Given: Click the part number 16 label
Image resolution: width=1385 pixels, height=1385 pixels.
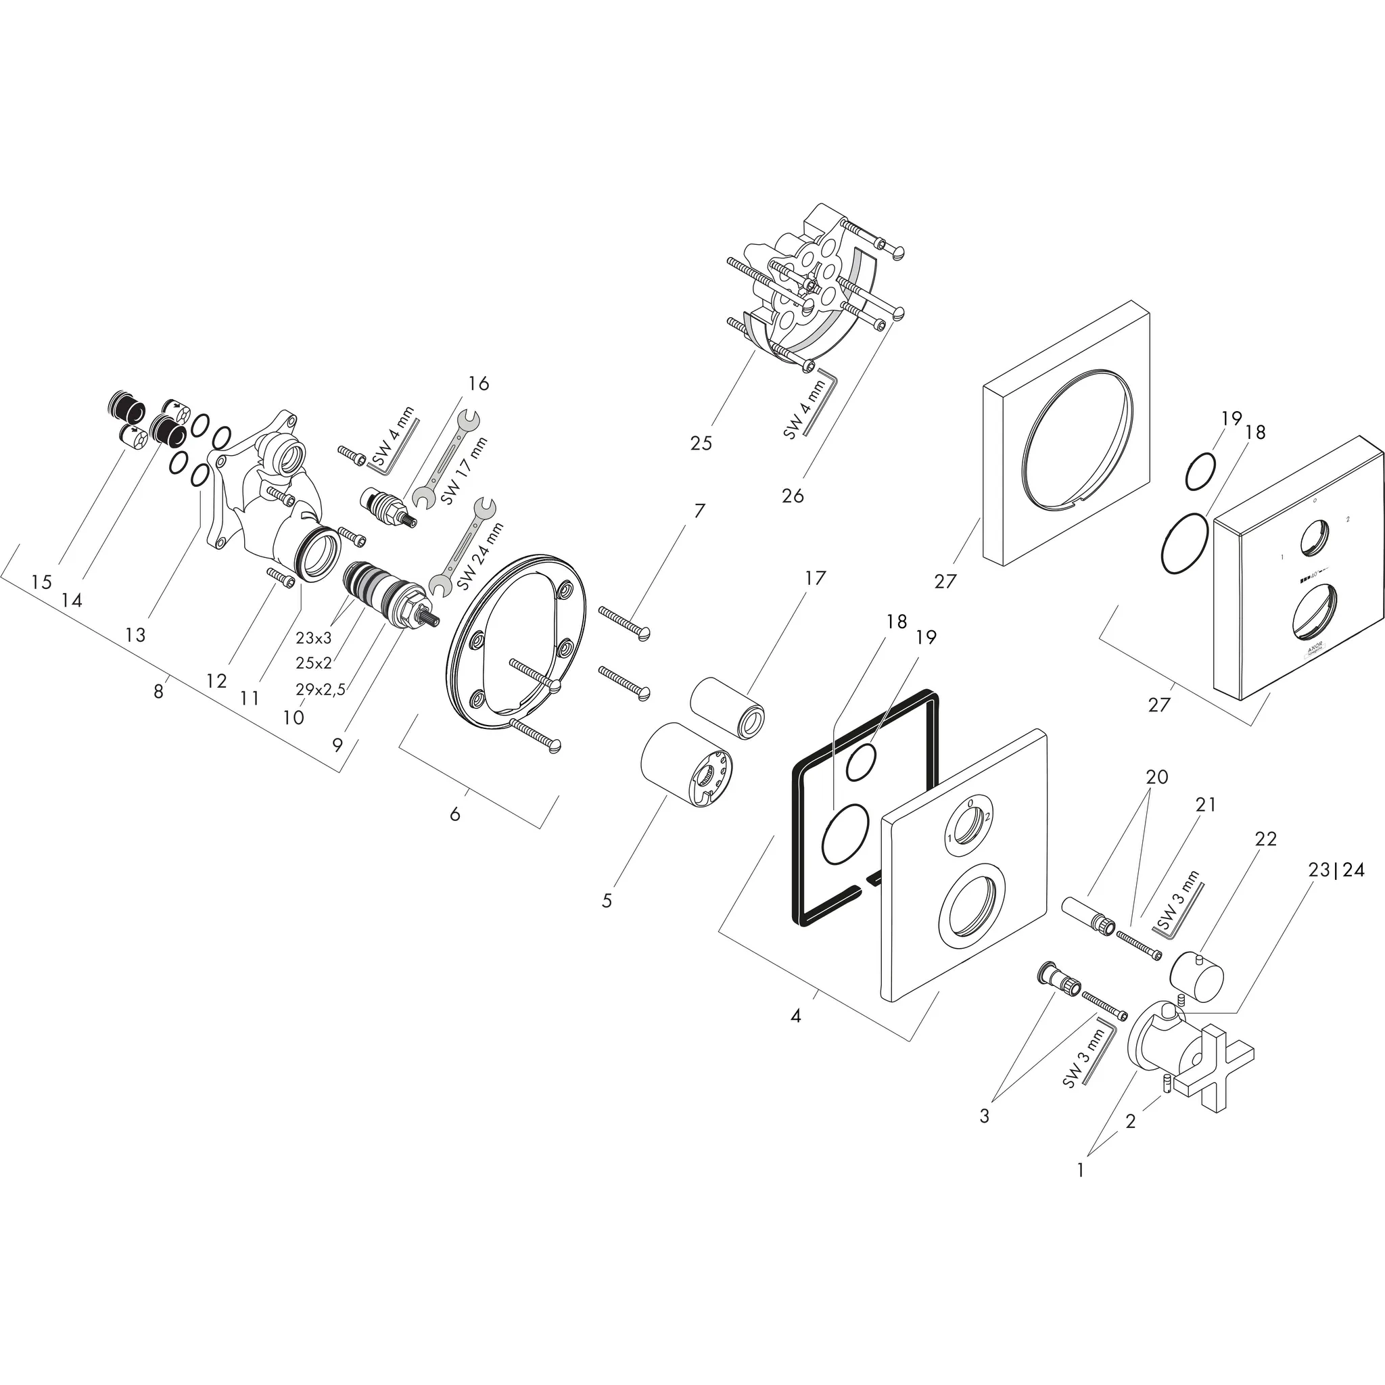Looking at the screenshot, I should tap(478, 383).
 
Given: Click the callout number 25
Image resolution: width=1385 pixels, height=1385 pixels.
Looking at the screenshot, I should tap(701, 444).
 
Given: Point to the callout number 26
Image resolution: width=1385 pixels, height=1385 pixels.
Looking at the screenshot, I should tap(793, 495).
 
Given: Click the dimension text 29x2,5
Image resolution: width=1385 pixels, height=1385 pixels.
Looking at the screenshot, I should tap(321, 690).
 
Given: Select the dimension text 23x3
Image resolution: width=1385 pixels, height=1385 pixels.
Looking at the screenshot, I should tap(313, 637).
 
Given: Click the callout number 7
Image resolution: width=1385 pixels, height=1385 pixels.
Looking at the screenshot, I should tap(699, 511).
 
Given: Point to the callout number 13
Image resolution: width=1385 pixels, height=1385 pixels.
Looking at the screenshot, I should tap(135, 634).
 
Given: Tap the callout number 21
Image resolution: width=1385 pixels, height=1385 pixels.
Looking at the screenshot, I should tap(1206, 805).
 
